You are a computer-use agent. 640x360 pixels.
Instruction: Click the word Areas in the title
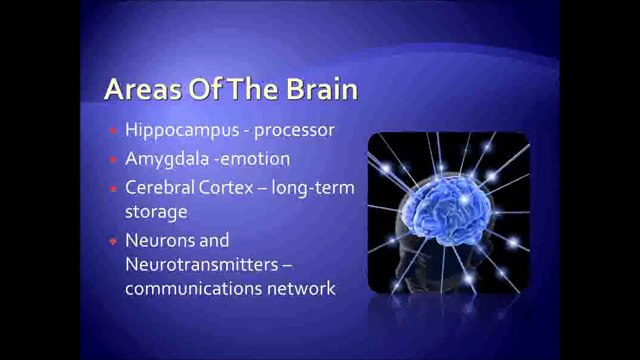(x=140, y=91)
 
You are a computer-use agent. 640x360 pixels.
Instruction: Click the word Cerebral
(x=158, y=187)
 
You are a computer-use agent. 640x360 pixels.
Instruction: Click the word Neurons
(x=158, y=240)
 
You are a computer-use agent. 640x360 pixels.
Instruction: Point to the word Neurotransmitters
(x=193, y=265)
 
